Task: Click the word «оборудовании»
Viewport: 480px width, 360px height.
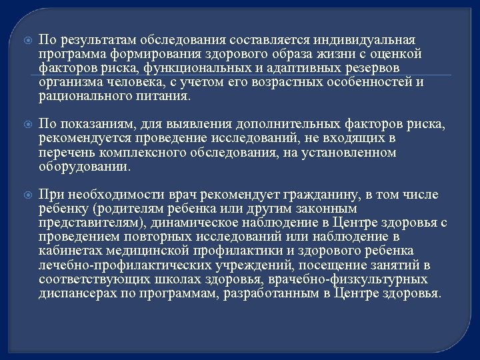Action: point(83,167)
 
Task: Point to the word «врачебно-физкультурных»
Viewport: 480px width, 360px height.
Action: point(351,279)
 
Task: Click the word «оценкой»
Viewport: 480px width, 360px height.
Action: point(397,54)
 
